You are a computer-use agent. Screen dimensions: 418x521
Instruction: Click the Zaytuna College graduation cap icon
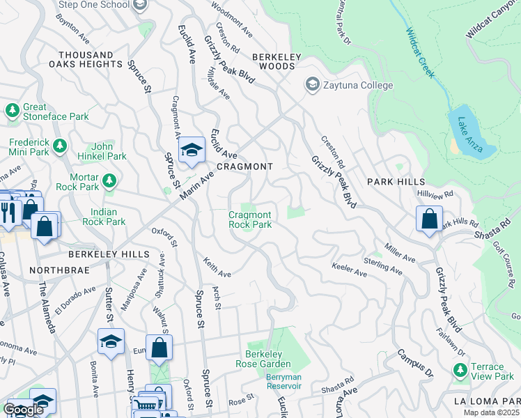coord(312,85)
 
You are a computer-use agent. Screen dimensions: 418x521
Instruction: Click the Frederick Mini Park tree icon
coord(60,145)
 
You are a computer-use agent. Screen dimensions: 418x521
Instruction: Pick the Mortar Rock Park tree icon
coord(109,182)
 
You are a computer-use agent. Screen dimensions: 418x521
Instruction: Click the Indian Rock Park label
coord(108,217)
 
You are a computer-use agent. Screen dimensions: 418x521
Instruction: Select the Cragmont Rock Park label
coord(250,219)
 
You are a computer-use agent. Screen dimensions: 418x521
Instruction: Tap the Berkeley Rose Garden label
coord(268,359)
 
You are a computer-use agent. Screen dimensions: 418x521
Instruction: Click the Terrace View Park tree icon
coord(460,371)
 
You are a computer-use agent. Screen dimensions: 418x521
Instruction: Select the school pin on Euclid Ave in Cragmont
coord(192,150)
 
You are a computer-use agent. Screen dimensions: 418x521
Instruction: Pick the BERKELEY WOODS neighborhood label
coord(277,61)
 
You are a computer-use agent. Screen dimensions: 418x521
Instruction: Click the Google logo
coord(23,410)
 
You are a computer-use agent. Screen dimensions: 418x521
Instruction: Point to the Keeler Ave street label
coord(349,270)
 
